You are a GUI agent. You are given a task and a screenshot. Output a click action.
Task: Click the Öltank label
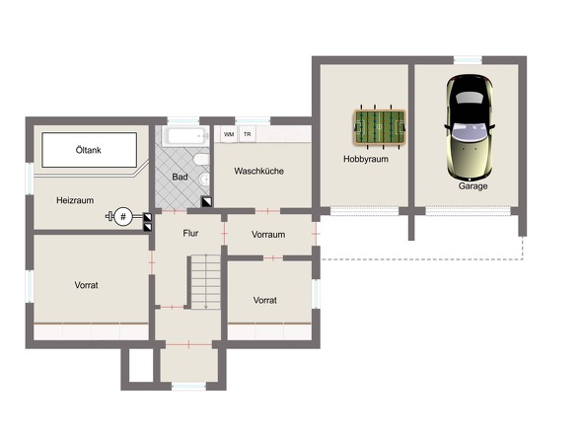coord(89,150)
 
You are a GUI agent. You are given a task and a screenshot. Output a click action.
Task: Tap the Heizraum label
coord(75,200)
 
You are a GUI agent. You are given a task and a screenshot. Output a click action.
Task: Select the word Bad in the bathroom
coord(180,178)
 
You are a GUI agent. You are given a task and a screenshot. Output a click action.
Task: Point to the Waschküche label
coord(259,172)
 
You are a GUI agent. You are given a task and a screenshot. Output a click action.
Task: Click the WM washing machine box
coord(229,134)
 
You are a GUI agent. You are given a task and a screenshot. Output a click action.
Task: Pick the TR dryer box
coord(248,134)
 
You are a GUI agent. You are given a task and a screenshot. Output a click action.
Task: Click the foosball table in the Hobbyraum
coord(380,126)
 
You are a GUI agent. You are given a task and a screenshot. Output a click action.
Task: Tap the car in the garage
coord(471,127)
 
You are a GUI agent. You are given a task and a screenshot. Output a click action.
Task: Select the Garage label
coord(473,186)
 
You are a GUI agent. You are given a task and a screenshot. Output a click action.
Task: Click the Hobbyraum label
coord(366,159)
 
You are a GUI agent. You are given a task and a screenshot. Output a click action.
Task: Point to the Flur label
coord(190,233)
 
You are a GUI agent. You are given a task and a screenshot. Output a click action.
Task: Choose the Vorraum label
coord(268,235)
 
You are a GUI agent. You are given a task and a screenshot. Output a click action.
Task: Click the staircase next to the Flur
coord(205,282)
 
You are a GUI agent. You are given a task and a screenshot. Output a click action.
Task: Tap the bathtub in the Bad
coord(184,136)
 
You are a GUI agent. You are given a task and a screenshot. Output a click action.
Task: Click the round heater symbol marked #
coord(123,216)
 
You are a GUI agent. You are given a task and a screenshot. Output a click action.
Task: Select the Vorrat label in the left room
coord(87,285)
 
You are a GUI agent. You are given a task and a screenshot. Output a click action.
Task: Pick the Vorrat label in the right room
coord(265,300)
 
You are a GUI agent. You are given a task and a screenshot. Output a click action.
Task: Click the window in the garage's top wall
coord(468,60)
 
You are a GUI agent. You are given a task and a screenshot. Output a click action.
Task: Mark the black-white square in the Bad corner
coord(207,201)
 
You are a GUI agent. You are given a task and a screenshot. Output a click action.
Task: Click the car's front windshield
coord(470,98)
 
